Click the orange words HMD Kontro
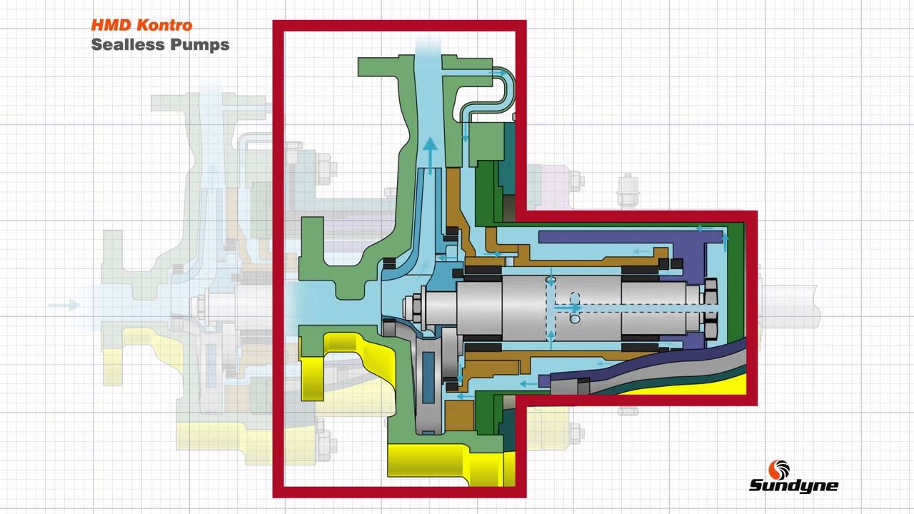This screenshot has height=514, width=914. (141, 25)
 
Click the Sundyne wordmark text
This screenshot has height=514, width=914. (793, 486)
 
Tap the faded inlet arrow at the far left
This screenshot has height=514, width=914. (64, 306)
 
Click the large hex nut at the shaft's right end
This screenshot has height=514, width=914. (710, 307)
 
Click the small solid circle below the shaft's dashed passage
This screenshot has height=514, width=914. (575, 319)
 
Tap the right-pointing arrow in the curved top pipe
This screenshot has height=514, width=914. (495, 73)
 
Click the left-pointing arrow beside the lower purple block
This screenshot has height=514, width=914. (528, 383)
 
